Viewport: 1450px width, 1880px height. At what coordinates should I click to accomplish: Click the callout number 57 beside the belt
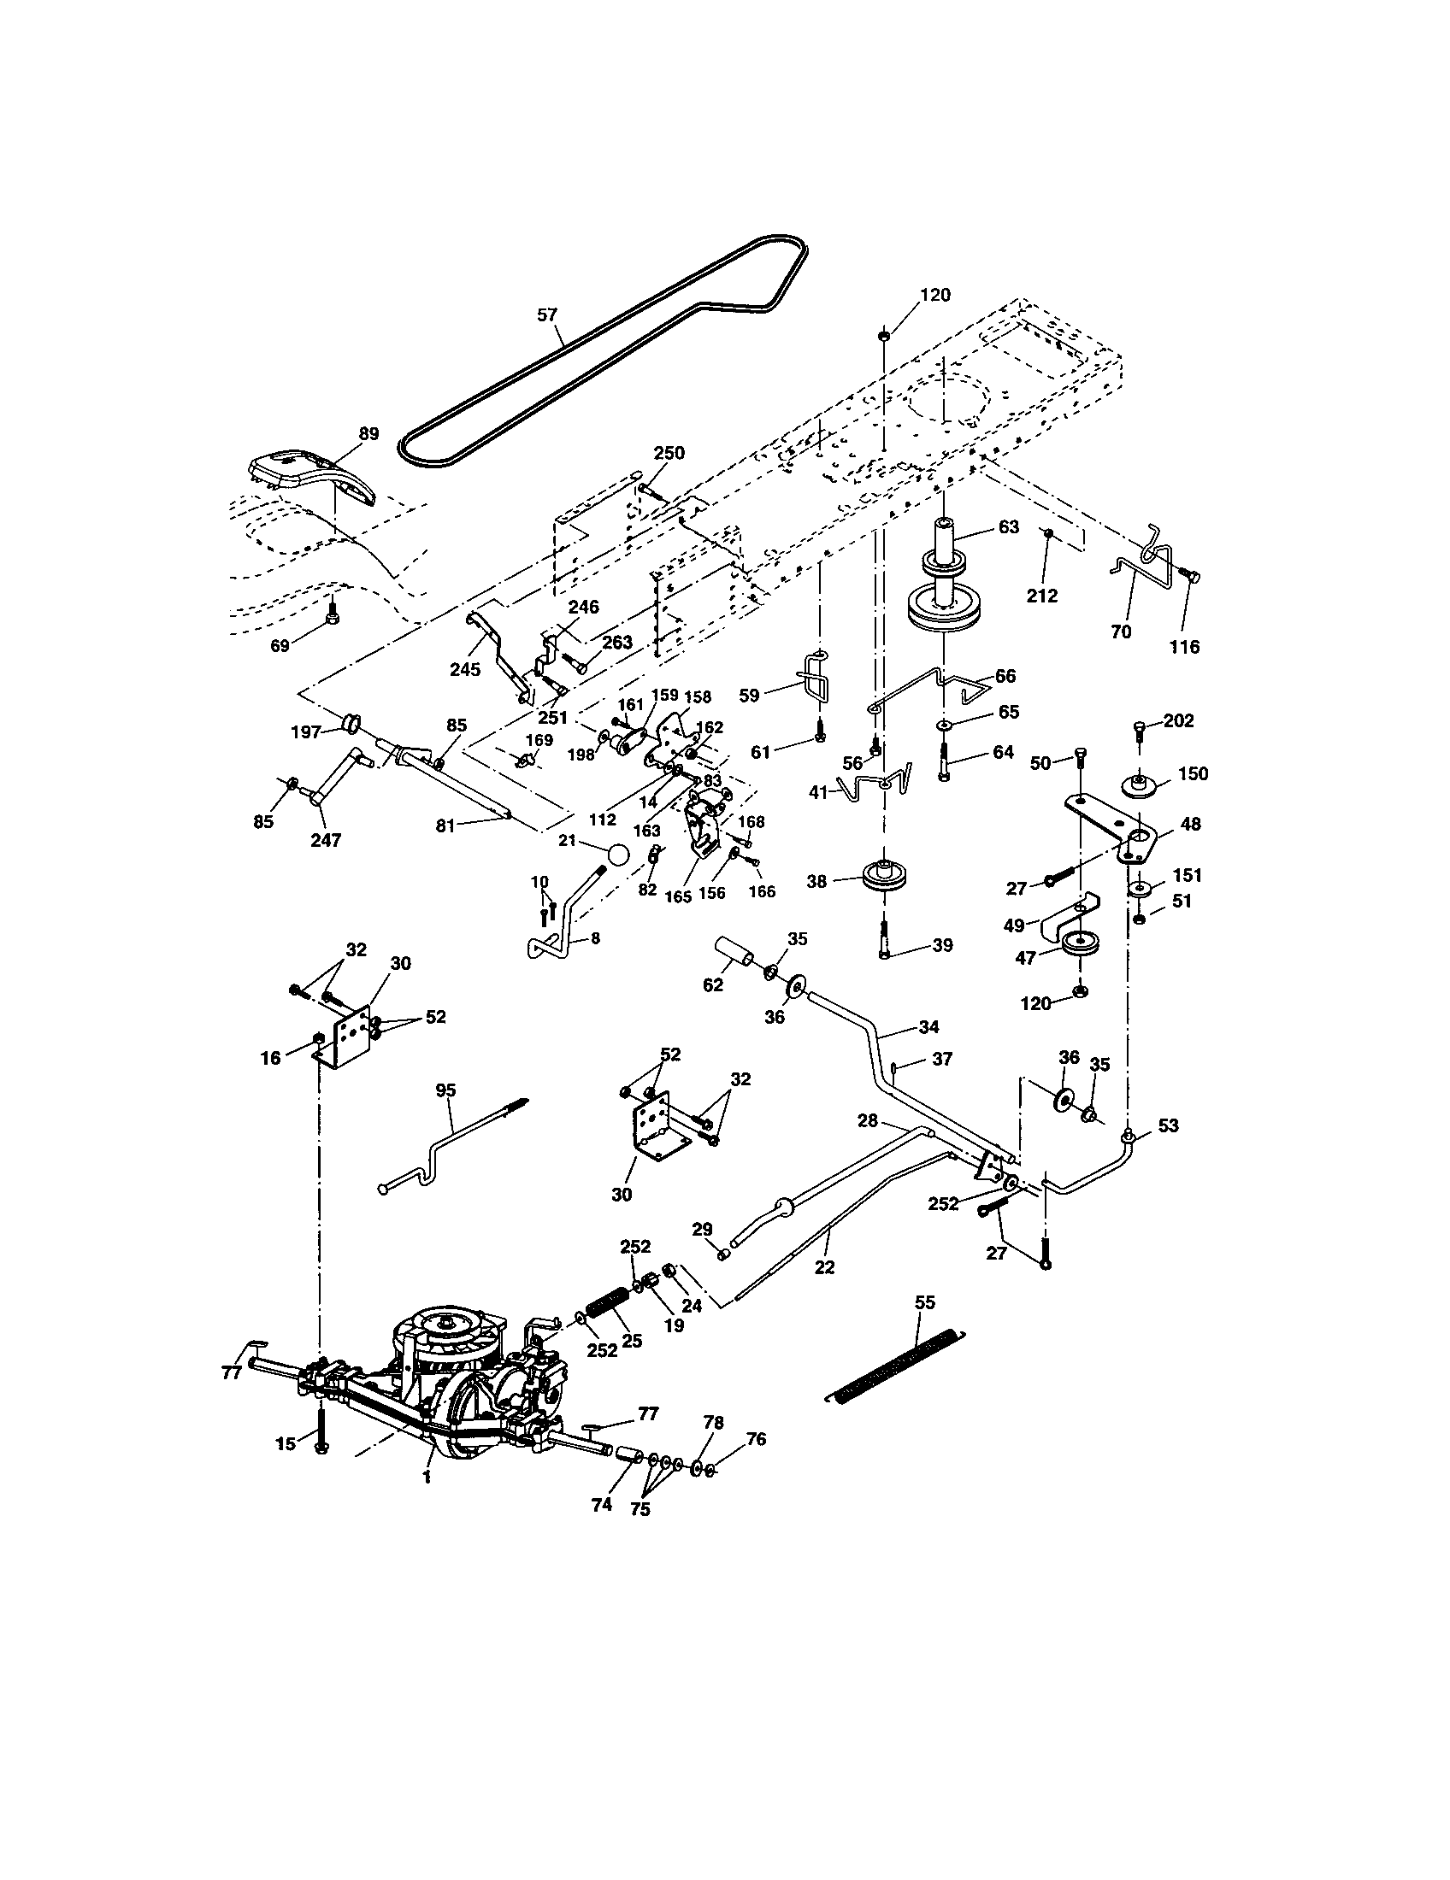coord(548,315)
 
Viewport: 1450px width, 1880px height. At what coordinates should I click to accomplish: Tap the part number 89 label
coord(368,434)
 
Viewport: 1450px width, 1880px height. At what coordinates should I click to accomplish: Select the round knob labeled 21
coord(616,856)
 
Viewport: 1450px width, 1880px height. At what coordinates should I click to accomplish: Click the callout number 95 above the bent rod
coord(446,1090)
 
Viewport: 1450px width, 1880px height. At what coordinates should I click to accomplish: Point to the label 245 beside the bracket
coord(465,669)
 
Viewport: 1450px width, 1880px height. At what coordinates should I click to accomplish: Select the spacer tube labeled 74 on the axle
coord(628,1454)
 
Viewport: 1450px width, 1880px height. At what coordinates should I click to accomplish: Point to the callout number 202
coord(1178,720)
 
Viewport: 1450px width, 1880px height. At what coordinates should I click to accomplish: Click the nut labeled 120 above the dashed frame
coord(884,337)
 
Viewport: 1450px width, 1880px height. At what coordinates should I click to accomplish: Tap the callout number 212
coord(1042,596)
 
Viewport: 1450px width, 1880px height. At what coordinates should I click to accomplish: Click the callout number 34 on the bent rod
coord(929,1026)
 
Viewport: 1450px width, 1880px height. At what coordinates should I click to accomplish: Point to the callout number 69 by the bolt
coord(280,645)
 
